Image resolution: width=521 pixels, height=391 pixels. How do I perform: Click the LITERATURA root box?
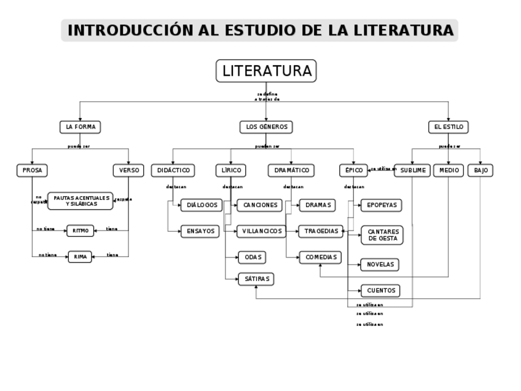[266, 71]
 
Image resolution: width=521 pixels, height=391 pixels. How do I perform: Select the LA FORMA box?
[80, 127]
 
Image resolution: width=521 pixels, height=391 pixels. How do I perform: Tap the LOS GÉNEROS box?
[265, 127]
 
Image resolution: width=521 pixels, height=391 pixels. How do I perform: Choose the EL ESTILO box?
[449, 127]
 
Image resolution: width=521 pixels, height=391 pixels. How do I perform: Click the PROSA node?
[32, 170]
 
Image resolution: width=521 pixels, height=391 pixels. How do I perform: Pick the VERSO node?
[128, 170]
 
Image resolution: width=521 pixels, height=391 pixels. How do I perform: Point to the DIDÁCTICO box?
[173, 170]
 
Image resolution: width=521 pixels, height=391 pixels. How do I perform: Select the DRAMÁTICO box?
[291, 170]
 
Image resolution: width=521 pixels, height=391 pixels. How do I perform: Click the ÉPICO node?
[353, 170]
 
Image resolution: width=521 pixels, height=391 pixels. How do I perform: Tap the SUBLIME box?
[411, 170]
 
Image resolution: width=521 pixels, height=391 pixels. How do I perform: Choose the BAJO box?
[480, 170]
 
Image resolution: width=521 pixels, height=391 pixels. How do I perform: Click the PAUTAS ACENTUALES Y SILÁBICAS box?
[80, 200]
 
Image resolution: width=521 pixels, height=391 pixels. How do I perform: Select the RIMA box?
[80, 256]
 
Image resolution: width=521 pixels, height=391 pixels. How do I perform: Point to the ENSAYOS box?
[200, 231]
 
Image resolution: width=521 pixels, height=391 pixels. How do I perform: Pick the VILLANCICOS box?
[262, 231]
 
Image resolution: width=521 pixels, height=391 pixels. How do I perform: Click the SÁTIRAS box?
[256, 279]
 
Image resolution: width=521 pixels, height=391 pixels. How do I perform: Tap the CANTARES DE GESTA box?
[382, 235]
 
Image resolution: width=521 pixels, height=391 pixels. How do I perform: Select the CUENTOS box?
[381, 290]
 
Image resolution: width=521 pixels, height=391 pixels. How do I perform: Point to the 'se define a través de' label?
[267, 96]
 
